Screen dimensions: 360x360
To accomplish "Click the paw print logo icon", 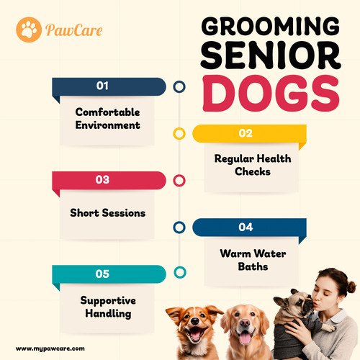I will [x=27, y=30].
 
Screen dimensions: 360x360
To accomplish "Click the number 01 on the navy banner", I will [x=102, y=86].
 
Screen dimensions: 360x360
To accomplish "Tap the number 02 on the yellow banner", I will [x=246, y=132].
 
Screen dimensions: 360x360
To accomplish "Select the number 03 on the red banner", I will [x=102, y=179].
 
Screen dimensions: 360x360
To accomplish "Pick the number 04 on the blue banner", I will [x=246, y=227].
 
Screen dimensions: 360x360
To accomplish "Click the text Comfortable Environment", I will [x=108, y=119].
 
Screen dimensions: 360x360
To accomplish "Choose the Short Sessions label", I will [x=108, y=213].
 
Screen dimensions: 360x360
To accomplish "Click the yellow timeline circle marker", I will [x=179, y=133].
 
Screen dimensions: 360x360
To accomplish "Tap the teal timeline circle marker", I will [x=179, y=273].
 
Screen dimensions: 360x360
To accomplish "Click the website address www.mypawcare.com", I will [x=50, y=348].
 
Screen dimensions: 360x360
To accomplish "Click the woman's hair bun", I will [x=351, y=287].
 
